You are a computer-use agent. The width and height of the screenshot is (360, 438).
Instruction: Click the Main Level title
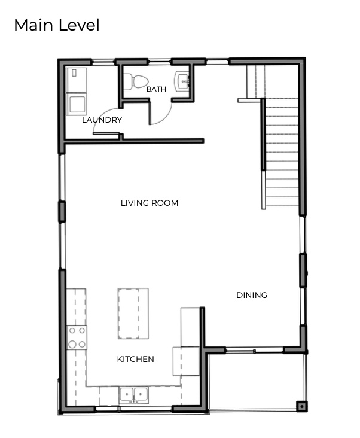pyautogui.click(x=56, y=25)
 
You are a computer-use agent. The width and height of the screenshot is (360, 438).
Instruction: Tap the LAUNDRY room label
pyautogui.click(x=102, y=120)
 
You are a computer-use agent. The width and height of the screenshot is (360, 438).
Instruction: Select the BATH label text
pyautogui.click(x=156, y=89)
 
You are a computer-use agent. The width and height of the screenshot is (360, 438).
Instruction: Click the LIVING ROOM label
pyautogui.click(x=150, y=203)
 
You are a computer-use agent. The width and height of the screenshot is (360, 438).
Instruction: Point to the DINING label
pyautogui.click(x=251, y=295)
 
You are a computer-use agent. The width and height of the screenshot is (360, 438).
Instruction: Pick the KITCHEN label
pyautogui.click(x=135, y=359)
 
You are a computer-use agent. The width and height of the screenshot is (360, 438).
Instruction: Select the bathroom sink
pyautogui.click(x=183, y=82)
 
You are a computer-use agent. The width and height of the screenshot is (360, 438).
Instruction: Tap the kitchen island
pyautogui.click(x=133, y=313)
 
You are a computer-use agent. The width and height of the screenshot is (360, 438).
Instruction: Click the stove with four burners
pyautogui.click(x=77, y=337)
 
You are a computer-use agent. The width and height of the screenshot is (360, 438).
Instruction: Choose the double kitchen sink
pyautogui.click(x=134, y=394)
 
